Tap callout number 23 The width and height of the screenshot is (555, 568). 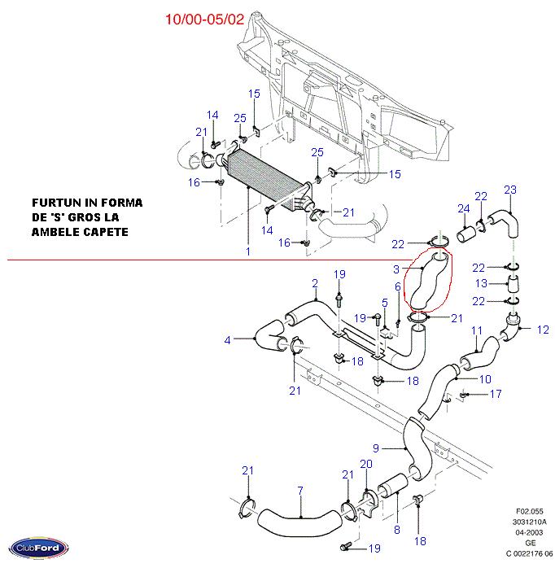coord(509,190)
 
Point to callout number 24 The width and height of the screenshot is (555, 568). coord(462,209)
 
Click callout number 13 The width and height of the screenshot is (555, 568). coord(482,283)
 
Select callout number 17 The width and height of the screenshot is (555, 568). coord(496,395)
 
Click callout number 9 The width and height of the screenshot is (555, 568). coord(376,448)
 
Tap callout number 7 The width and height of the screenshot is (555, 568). coord(299,490)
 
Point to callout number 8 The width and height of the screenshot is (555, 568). coord(396,530)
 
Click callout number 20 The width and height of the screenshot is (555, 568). coord(366,464)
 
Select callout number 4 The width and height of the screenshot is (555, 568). coord(228,339)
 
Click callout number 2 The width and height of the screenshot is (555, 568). coord(314,283)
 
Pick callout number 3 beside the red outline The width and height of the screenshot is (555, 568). coord(396,269)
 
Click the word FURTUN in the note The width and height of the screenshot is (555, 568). coord(56,202)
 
